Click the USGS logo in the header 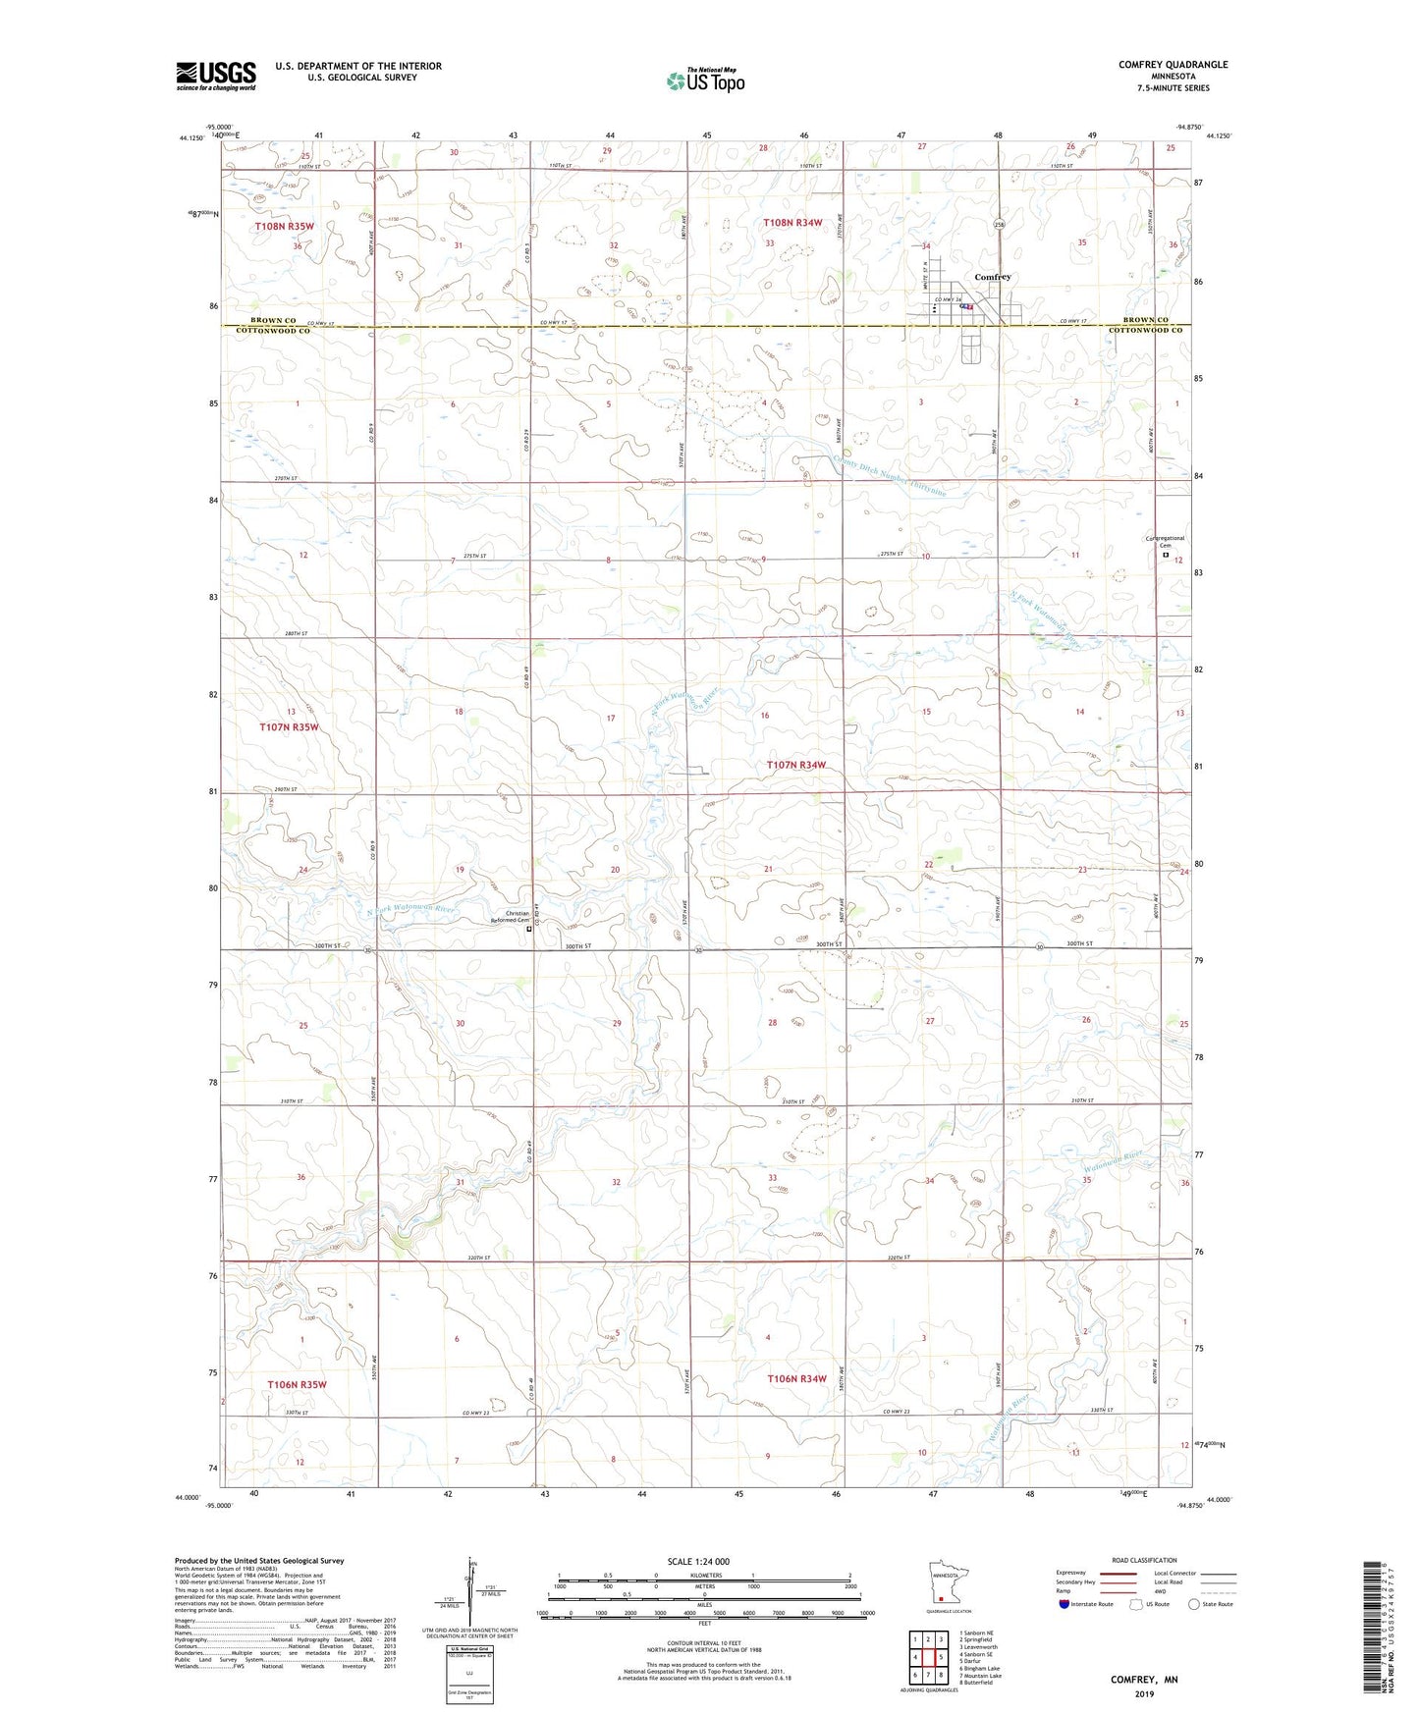coord(215,76)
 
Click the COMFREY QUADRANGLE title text coord(1173,65)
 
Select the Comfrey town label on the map coord(992,277)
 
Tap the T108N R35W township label coord(284,227)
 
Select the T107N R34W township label coord(795,765)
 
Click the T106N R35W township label coord(297,1384)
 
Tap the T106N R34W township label coord(795,1378)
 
